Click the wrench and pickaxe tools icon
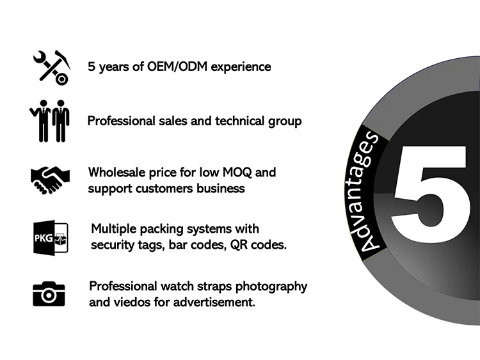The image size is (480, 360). coord(51,66)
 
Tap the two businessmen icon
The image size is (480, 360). coord(51,120)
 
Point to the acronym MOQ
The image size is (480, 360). coord(241,173)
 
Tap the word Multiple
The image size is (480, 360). coord(115,229)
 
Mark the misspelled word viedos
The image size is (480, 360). coord(132,302)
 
